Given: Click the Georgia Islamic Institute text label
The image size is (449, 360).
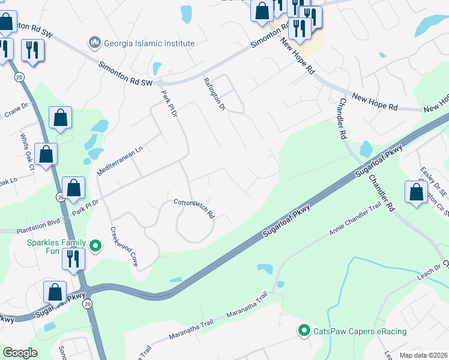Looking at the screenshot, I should click(149, 43).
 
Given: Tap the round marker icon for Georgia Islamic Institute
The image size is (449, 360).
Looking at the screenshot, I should click(94, 43).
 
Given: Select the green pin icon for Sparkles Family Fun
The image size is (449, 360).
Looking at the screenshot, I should click(94, 245).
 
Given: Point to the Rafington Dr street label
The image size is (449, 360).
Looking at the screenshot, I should click(214, 94).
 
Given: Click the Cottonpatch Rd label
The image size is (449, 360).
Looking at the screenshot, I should click(194, 207).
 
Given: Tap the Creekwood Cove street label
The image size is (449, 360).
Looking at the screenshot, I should click(124, 247).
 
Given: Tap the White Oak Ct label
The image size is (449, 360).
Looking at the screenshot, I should click(27, 151).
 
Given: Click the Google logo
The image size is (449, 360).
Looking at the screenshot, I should click(20, 352).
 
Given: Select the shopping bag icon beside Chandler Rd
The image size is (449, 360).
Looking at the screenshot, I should click(416, 192).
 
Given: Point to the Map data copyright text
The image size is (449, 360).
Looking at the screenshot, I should click(423, 355).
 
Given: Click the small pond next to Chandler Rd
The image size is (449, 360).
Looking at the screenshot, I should click(366, 149).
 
